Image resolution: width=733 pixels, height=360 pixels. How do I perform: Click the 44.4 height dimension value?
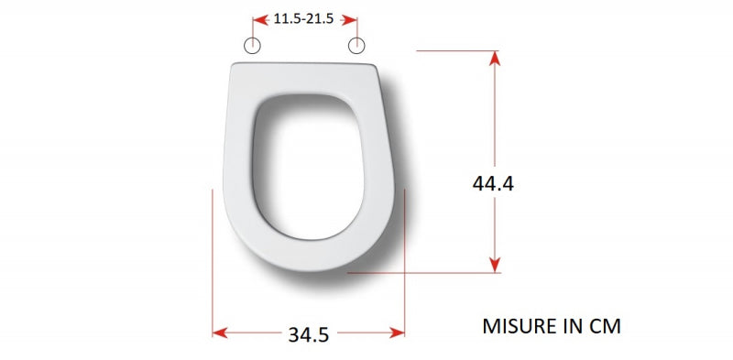pyautogui.click(x=493, y=183)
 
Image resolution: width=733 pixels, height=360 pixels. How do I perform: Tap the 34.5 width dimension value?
pyautogui.click(x=309, y=334)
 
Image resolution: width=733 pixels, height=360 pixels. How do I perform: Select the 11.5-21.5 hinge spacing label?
pyautogui.click(x=304, y=19)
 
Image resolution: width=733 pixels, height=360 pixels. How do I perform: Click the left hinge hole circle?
pyautogui.click(x=253, y=46)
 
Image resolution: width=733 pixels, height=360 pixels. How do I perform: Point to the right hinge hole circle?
pyautogui.click(x=356, y=46)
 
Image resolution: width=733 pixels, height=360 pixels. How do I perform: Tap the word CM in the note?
pyautogui.click(x=606, y=326)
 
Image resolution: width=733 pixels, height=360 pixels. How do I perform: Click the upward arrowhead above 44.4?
pyautogui.click(x=495, y=58)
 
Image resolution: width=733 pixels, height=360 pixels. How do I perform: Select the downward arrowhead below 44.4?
pyautogui.click(x=495, y=265)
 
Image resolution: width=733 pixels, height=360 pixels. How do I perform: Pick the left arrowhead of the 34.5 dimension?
pyautogui.click(x=220, y=333)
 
